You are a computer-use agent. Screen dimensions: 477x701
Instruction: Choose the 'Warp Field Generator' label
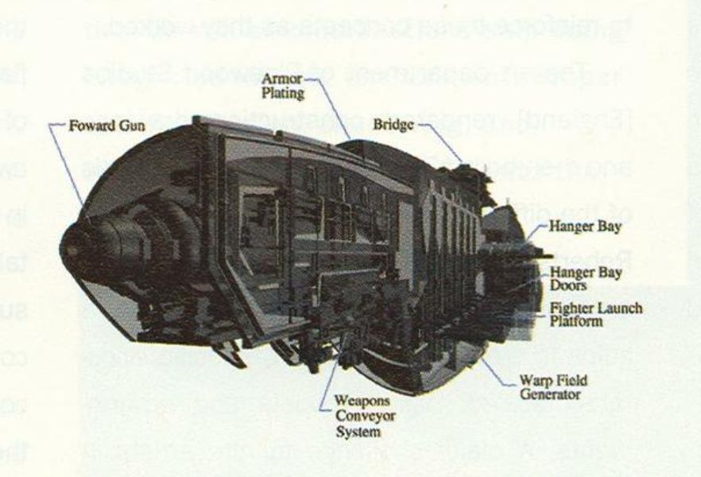(x=556, y=387)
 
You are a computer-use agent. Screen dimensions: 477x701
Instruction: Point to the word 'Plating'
(x=290, y=94)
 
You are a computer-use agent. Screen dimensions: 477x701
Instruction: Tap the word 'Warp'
(x=543, y=381)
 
